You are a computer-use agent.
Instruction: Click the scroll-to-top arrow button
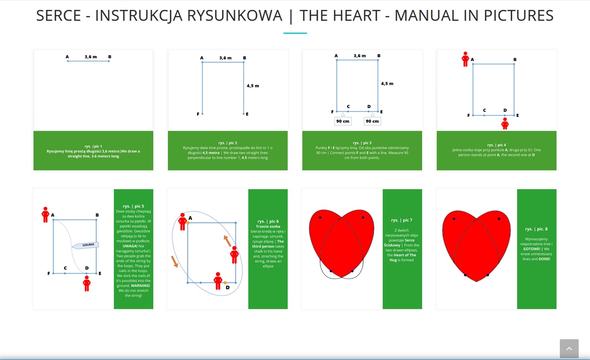[569, 349]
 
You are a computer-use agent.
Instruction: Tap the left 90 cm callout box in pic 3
[343, 121]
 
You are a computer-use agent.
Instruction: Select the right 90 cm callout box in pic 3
[372, 121]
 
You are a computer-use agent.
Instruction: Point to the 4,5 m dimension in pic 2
[253, 86]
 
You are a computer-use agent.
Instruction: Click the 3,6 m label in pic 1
[91, 57]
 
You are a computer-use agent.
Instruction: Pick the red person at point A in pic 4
[465, 59]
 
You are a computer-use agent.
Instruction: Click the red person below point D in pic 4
[505, 124]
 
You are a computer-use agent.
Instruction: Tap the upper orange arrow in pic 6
[227, 241]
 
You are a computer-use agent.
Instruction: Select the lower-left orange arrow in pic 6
[175, 261]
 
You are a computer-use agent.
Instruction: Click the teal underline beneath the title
[295, 33]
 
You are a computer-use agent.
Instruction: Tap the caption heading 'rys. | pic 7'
[402, 220]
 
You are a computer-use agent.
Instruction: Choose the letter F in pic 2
[198, 114]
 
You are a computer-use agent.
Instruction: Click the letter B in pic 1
[109, 57]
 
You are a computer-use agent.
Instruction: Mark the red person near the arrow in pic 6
[234, 255]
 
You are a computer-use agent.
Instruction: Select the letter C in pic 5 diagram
[65, 268]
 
